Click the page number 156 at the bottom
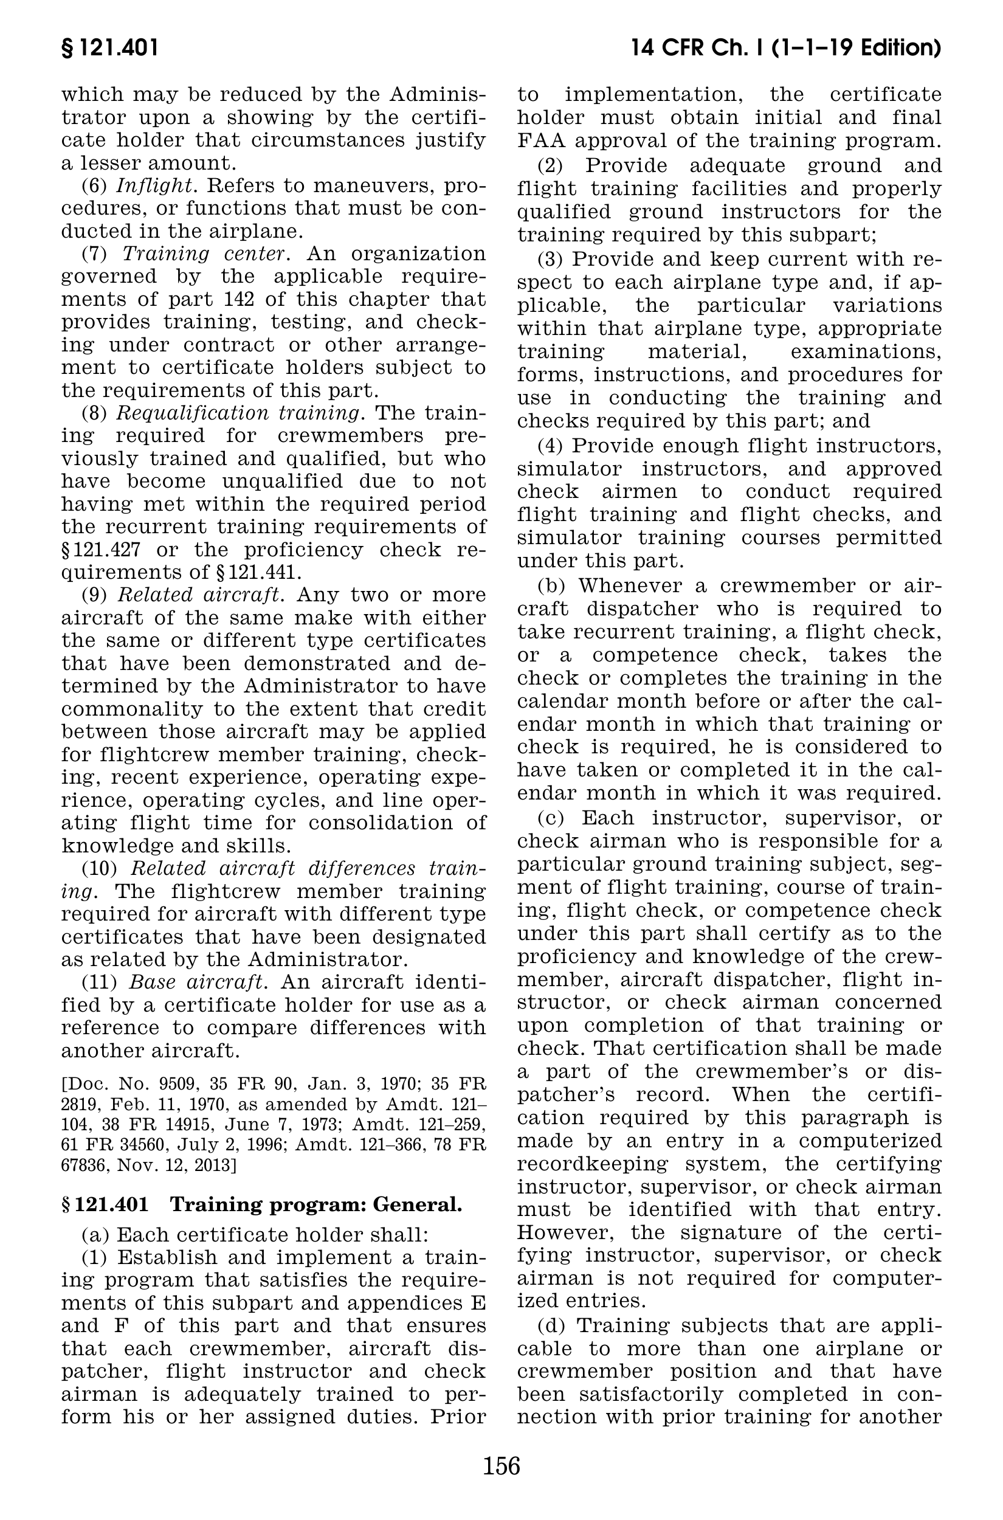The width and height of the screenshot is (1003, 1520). coord(501,1465)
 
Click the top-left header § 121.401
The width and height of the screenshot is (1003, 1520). coord(109,49)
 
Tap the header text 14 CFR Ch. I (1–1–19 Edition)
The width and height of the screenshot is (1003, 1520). coord(785,49)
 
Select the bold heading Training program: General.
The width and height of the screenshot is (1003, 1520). coord(315,1204)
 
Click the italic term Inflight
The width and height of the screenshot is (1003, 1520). coord(155,185)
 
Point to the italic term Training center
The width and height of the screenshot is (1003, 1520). coord(204,254)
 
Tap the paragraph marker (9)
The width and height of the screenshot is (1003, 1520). coord(95,595)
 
